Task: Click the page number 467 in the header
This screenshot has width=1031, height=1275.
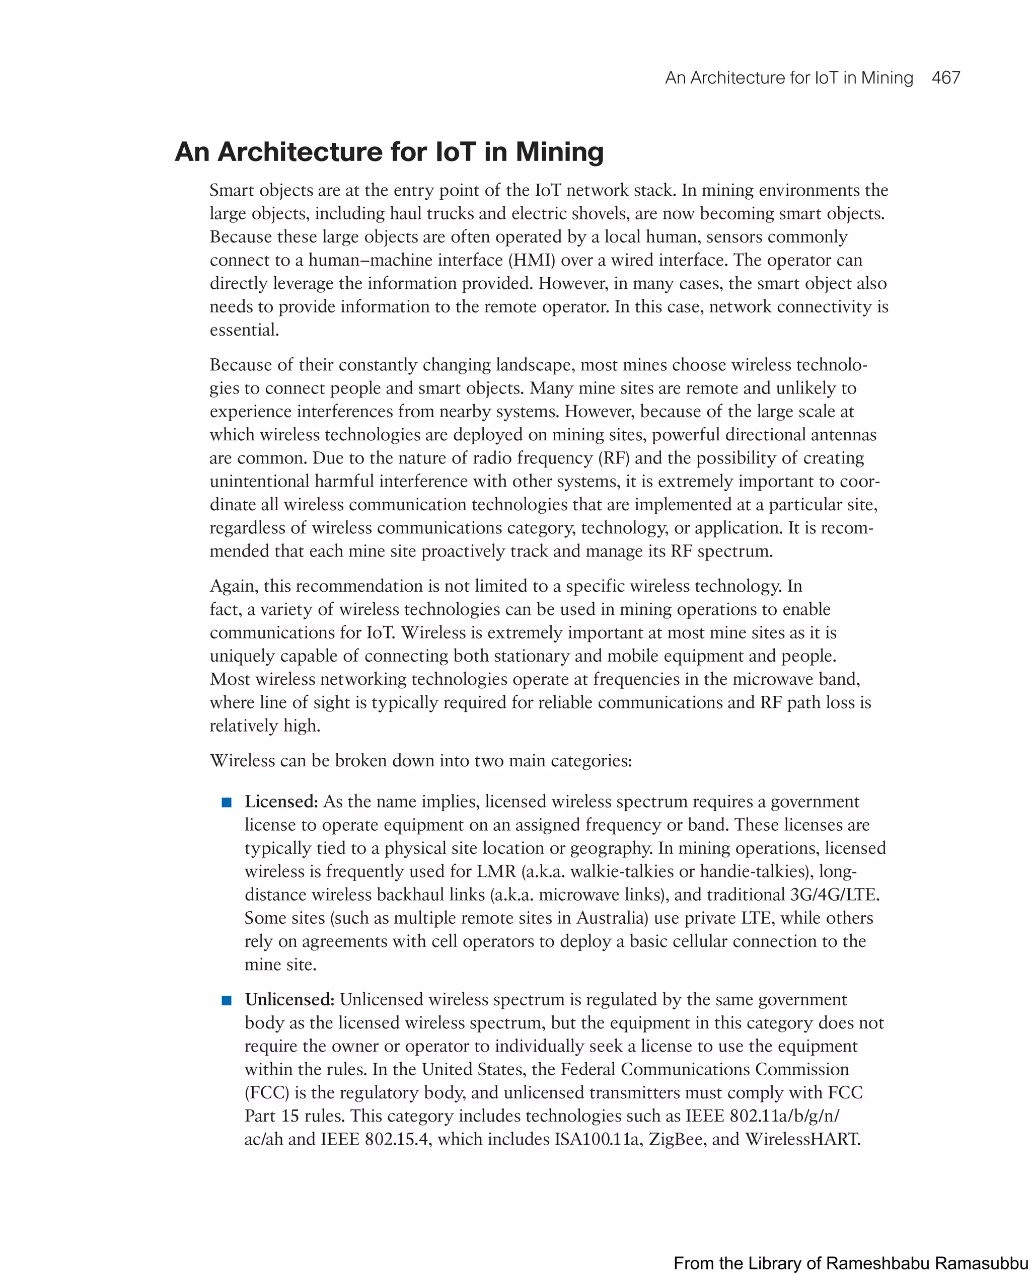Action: (x=945, y=78)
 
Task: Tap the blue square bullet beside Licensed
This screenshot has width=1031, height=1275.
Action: (x=226, y=803)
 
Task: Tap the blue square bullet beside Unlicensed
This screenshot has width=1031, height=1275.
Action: (x=226, y=1000)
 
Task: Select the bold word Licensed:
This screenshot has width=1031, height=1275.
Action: (x=281, y=802)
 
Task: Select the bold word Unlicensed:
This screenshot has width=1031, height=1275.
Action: (x=290, y=1000)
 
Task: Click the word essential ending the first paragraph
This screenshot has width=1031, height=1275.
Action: (x=244, y=330)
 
